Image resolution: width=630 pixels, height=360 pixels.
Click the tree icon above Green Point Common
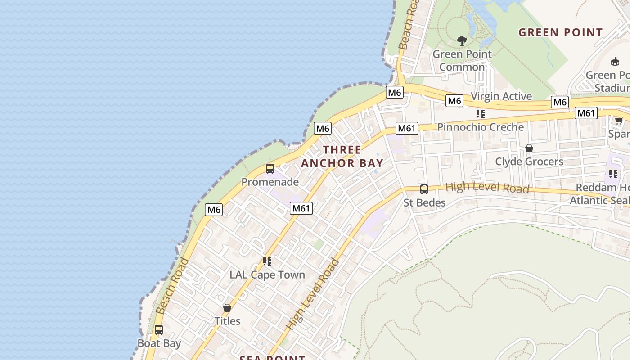pyautogui.click(x=462, y=41)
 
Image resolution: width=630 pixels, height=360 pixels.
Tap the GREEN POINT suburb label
pyautogui.click(x=560, y=32)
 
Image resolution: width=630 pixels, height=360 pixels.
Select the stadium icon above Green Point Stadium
pyautogui.click(x=615, y=62)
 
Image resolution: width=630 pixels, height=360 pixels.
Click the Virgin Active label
pyautogui.click(x=501, y=96)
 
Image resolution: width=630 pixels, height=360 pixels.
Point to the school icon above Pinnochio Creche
pyautogui.click(x=481, y=114)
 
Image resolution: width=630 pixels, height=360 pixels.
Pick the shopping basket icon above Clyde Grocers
pyautogui.click(x=529, y=148)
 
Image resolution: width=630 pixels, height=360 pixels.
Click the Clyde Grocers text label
pyautogui.click(x=529, y=162)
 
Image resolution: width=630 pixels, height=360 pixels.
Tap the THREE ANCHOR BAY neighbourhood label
pyautogui.click(x=342, y=157)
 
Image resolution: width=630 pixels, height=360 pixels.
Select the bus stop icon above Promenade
pyautogui.click(x=270, y=169)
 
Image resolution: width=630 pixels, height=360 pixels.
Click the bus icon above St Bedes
pyautogui.click(x=424, y=189)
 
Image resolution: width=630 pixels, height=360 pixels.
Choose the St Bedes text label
pyautogui.click(x=424, y=202)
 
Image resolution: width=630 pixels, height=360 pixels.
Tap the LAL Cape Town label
pyautogui.click(x=267, y=274)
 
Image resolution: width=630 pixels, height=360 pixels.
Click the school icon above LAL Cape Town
pyautogui.click(x=267, y=261)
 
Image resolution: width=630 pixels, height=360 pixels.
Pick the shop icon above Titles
pyautogui.click(x=227, y=308)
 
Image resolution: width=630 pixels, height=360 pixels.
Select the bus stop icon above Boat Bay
pyautogui.click(x=159, y=330)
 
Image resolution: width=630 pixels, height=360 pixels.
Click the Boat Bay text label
pyautogui.click(x=159, y=343)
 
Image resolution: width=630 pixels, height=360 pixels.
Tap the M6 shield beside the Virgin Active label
pyautogui.click(x=454, y=101)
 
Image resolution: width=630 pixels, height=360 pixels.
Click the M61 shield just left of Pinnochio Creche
pyautogui.click(x=407, y=128)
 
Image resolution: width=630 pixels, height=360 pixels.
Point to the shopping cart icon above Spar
pyautogui.click(x=619, y=120)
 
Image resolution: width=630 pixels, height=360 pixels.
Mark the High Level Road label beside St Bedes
pyautogui.click(x=487, y=188)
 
